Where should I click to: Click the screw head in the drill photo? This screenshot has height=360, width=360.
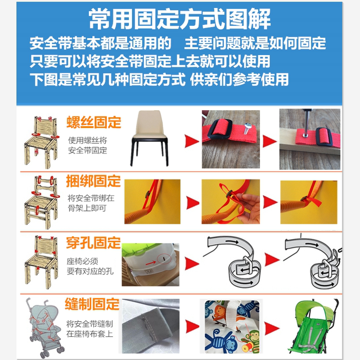tap(301, 135)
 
